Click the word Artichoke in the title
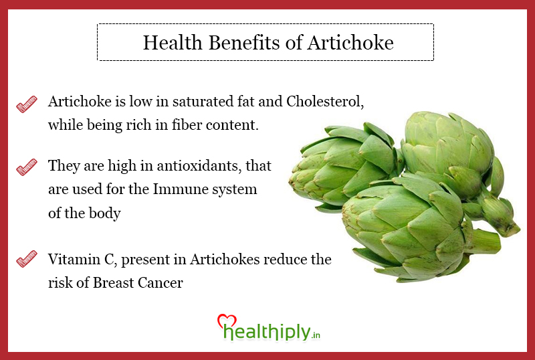coord(350,43)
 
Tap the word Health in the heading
coord(173,43)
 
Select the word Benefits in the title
coord(243,43)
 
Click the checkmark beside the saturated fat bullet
coord(27,104)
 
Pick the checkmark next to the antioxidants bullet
coord(27,167)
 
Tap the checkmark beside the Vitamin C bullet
coord(27,258)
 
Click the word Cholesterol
coord(325,102)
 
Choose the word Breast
coord(113,283)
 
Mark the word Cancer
coord(160,283)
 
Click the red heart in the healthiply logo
coord(227,321)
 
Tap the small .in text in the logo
coord(316,335)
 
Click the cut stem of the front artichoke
coord(484,241)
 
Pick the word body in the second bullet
coord(105,213)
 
